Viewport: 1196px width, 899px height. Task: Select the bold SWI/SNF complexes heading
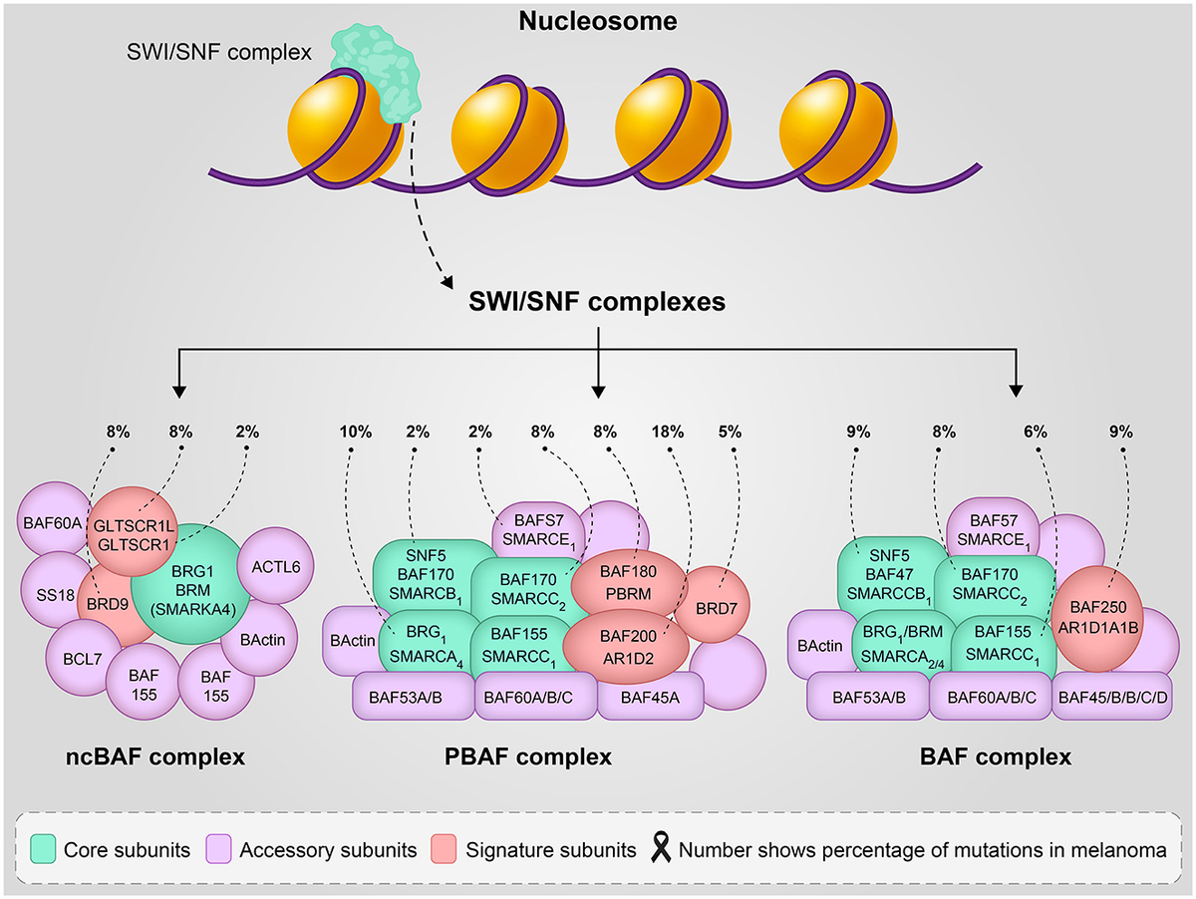click(597, 301)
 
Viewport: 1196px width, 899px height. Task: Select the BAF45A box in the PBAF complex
click(650, 697)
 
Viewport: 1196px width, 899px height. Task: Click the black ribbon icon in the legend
click(660, 849)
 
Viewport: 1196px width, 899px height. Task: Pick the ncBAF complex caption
click(149, 757)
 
